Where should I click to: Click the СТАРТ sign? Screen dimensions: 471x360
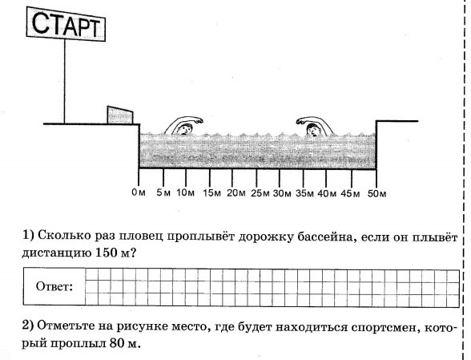point(66,24)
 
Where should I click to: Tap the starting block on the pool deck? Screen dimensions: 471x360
point(120,115)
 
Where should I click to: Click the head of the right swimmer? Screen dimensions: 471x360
point(312,130)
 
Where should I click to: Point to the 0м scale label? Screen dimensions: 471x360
point(139,192)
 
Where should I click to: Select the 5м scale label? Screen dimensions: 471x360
point(163,192)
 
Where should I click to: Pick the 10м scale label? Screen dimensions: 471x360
point(185,192)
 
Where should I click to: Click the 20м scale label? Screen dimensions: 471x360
point(235,193)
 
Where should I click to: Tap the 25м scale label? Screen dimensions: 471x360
point(260,193)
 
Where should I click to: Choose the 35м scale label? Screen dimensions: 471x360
point(304,193)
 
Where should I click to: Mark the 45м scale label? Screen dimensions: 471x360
point(350,193)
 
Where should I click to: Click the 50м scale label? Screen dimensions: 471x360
point(377,193)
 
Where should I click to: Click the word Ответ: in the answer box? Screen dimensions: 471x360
point(54,286)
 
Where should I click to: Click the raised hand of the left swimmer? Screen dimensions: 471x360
point(199,120)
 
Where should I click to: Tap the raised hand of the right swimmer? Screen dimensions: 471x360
point(301,121)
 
